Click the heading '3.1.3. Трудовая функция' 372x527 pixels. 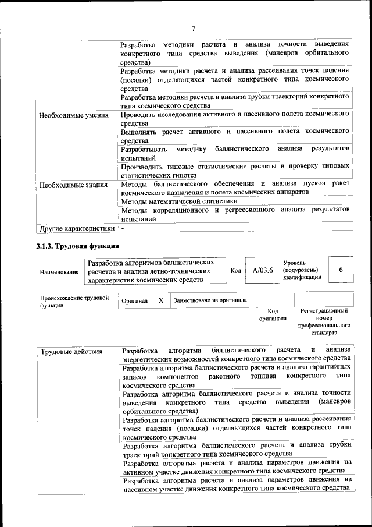pyautogui.click(x=78, y=246)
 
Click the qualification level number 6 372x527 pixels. pyautogui.click(x=341, y=270)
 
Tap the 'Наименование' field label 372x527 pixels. pyautogui.click(x=59, y=272)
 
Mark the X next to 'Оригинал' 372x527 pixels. pyautogui.click(x=161, y=300)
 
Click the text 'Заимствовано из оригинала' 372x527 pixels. pyautogui.click(x=210, y=300)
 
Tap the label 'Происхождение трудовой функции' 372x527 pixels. pyautogui.click(x=74, y=302)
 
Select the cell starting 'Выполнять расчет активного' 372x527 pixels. pyautogui.click(x=235, y=136)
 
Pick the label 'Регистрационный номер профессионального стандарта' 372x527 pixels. pyautogui.click(x=324, y=322)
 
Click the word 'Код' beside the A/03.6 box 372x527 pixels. pyautogui.click(x=235, y=271)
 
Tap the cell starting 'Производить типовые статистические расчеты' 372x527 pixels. pyautogui.click(x=235, y=170)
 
